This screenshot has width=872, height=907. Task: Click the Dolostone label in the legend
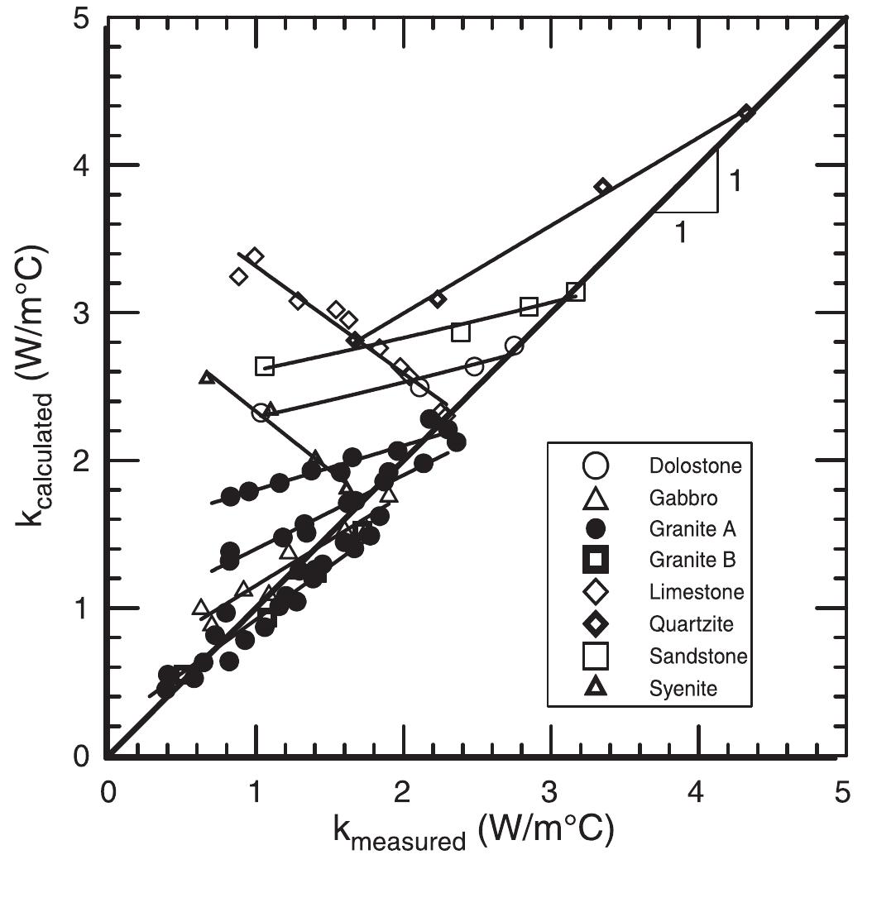coord(695,465)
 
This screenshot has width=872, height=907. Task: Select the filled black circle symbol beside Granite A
coord(596,529)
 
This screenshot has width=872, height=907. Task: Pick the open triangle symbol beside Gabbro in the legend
coord(596,498)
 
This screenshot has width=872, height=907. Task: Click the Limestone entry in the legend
coord(696,592)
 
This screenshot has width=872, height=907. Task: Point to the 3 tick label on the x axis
coord(550,791)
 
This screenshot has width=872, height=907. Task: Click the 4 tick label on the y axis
coord(80,165)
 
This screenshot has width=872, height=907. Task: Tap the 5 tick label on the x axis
coord(842,791)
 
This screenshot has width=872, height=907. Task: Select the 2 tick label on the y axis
coord(80,461)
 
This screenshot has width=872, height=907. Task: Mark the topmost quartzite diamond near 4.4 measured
coord(746,113)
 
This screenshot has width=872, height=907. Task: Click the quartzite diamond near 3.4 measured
coord(602,187)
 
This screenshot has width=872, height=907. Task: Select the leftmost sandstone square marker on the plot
coord(265,366)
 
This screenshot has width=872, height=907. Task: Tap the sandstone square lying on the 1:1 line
coord(576,291)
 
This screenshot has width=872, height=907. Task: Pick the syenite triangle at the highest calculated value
coord(208,377)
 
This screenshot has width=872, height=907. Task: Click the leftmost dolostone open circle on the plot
coord(261,413)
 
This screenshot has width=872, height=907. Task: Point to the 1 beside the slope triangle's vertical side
coord(734,181)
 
